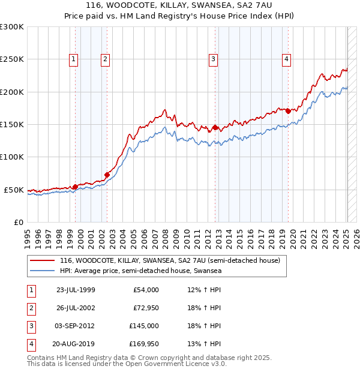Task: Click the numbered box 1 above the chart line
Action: click(73, 59)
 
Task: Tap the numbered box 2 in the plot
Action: click(105, 59)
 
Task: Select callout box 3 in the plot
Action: click(213, 59)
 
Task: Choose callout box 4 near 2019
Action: click(287, 59)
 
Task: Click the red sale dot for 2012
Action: click(215, 128)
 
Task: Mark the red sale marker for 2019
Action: click(289, 111)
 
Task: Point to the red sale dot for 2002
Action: click(107, 175)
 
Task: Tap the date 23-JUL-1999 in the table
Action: click(76, 290)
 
